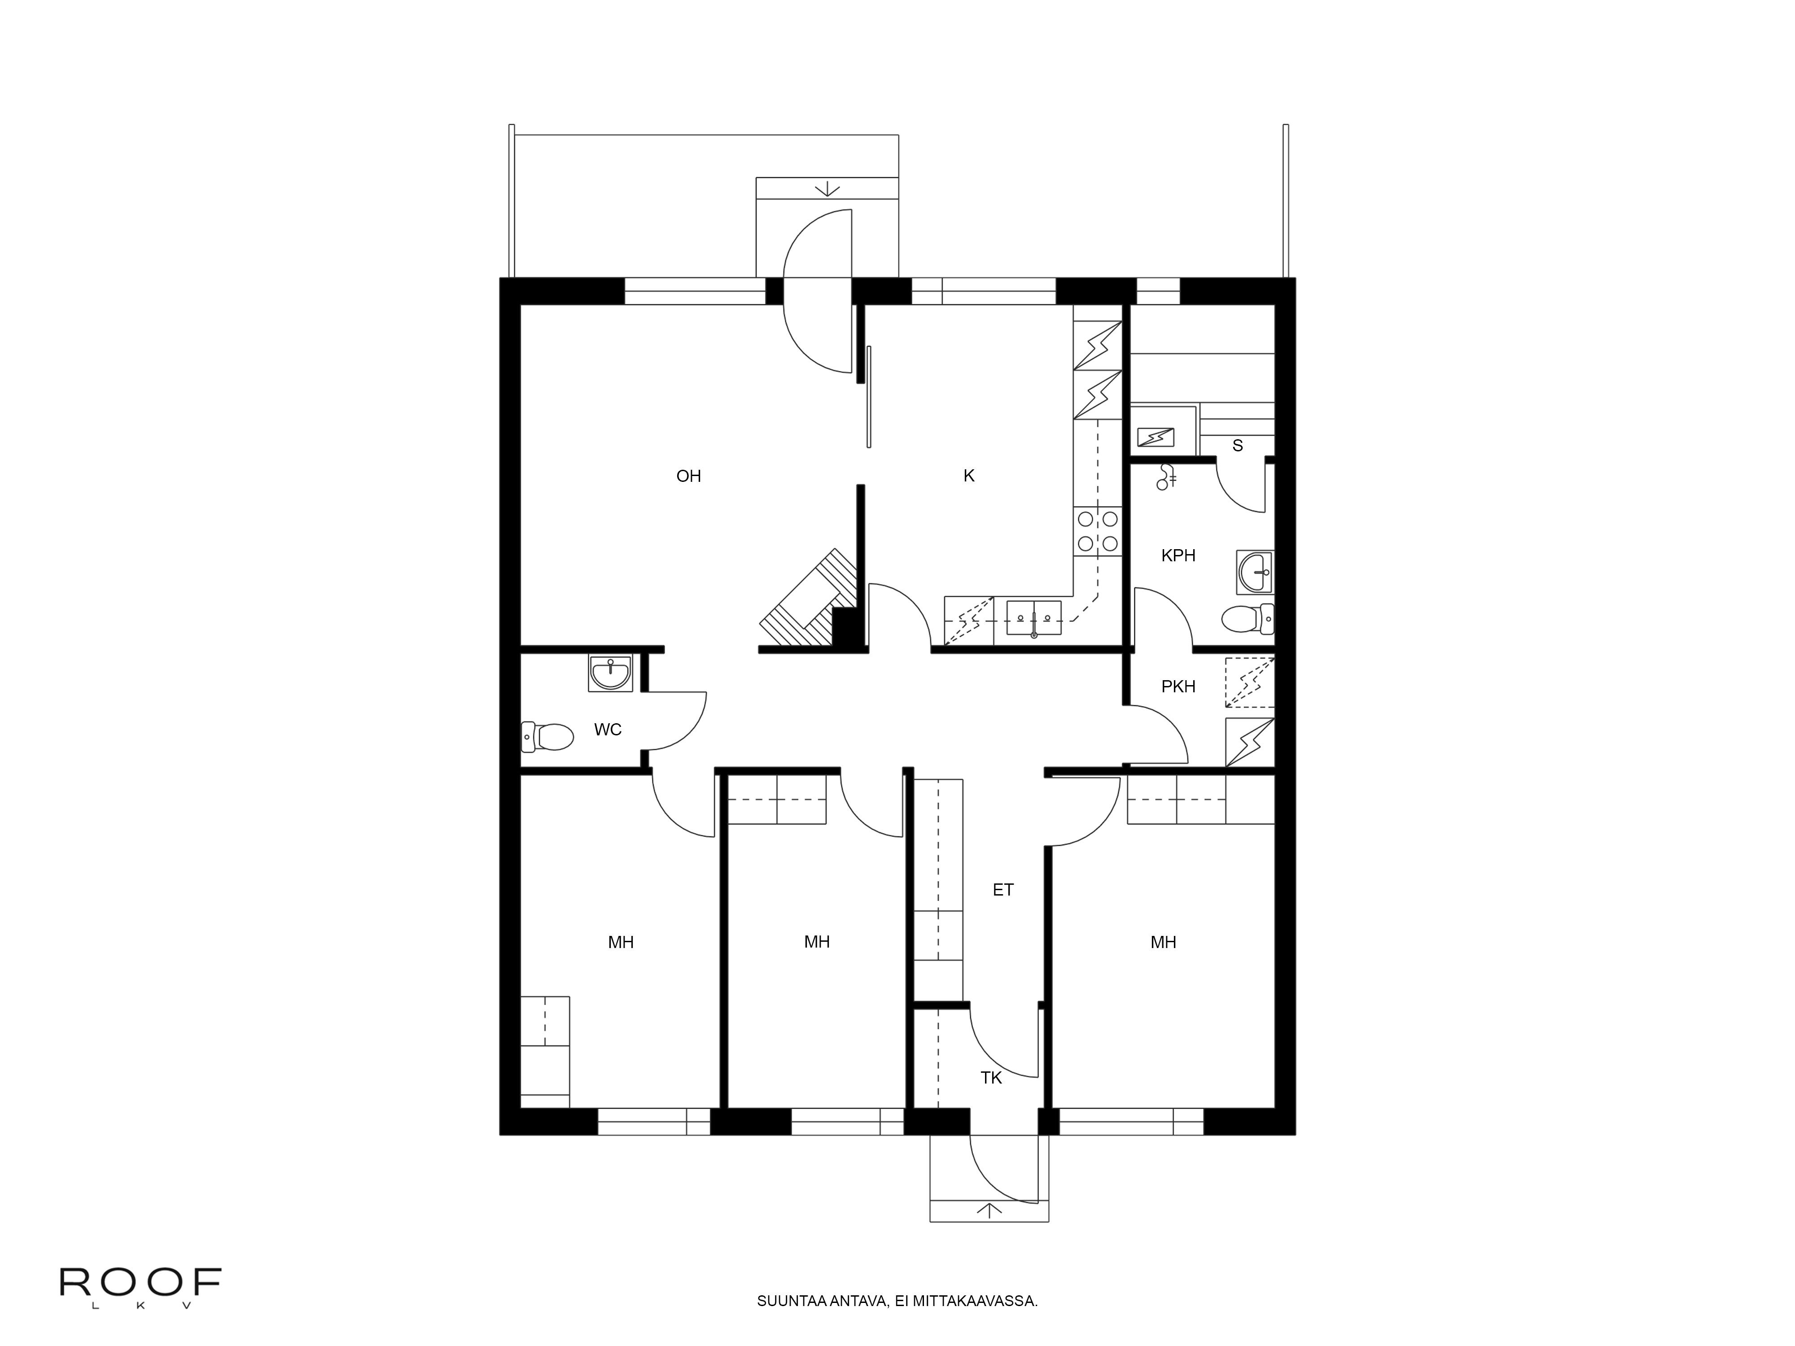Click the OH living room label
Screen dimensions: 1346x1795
(x=688, y=476)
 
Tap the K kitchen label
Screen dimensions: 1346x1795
(x=968, y=476)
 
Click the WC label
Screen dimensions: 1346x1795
(x=608, y=730)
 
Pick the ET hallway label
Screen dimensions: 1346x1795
(x=1003, y=890)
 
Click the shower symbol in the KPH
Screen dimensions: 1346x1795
(x=1167, y=477)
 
